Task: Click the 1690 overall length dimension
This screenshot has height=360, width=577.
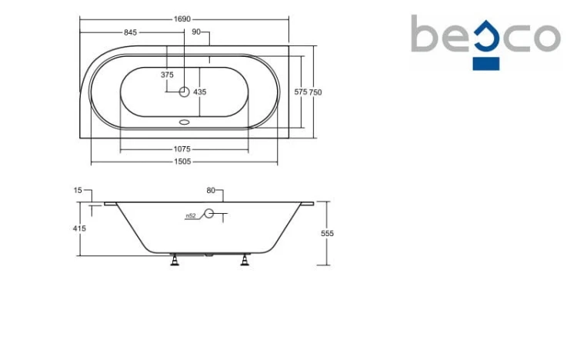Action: tap(182, 19)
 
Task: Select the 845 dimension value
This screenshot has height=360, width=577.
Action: tap(130, 32)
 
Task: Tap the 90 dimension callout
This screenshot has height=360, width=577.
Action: tap(196, 32)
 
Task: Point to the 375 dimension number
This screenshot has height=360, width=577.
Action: tap(167, 75)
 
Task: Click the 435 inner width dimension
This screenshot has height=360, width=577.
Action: tap(200, 92)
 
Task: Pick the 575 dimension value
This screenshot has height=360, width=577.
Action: tap(301, 92)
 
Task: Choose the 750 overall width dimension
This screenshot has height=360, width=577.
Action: tap(315, 92)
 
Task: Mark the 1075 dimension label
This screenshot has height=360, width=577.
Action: tap(182, 149)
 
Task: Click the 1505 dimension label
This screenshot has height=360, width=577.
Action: tap(182, 162)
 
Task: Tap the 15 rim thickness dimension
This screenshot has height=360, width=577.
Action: tap(78, 190)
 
